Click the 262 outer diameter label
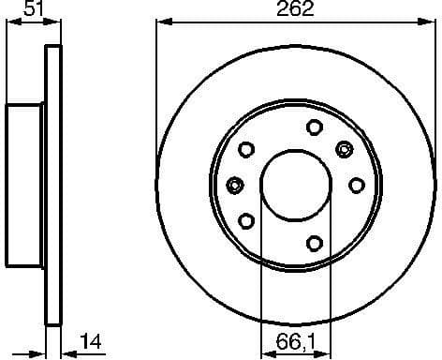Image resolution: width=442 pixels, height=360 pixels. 295,10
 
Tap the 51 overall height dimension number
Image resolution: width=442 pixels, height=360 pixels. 32,10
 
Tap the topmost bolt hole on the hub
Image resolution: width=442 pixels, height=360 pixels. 314,127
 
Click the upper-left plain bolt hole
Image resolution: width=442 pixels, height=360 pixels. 247,148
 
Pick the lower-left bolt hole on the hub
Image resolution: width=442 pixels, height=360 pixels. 247,220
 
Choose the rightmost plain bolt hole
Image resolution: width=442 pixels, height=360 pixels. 356,185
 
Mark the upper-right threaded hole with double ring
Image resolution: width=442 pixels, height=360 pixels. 345,148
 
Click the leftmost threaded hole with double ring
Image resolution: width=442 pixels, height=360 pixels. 235,184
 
